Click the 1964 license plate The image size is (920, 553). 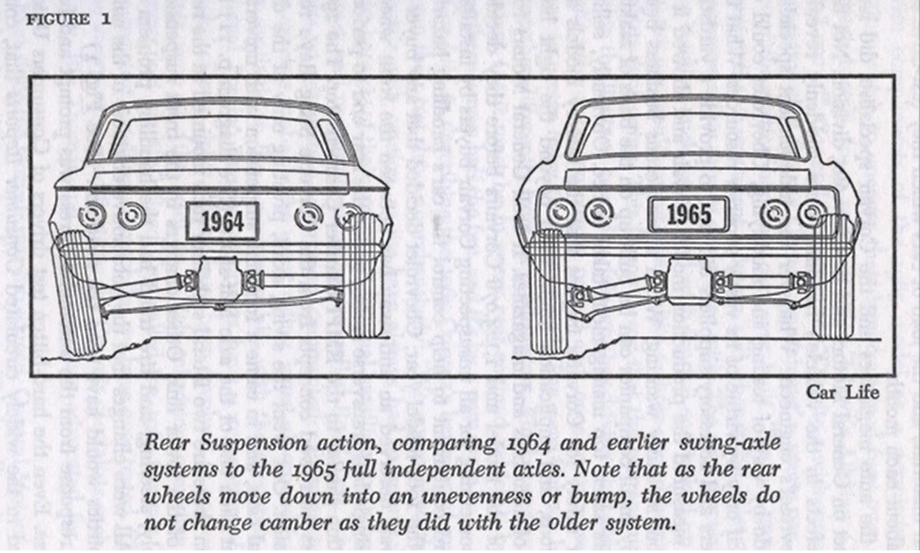click(x=222, y=221)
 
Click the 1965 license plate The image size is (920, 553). click(x=688, y=214)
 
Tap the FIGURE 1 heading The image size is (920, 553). click(x=69, y=21)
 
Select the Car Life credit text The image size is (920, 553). click(x=843, y=393)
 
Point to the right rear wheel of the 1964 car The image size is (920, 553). click(x=361, y=274)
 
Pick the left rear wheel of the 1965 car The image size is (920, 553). click(x=547, y=292)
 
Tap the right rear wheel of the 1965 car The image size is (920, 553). click(x=833, y=276)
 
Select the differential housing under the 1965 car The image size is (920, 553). click(x=687, y=281)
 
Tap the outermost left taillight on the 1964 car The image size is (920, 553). click(x=92, y=215)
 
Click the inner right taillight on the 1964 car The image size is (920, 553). click(x=309, y=216)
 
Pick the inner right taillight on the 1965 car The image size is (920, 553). click(x=774, y=213)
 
